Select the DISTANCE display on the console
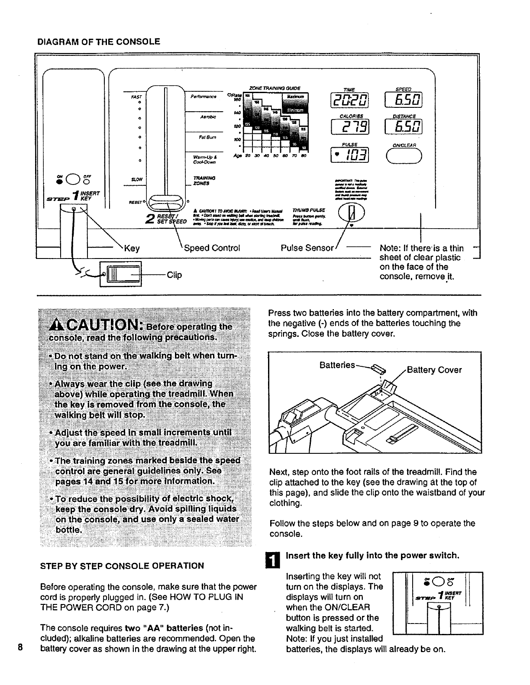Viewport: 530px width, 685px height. click(403, 126)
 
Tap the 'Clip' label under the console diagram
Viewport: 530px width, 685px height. click(174, 275)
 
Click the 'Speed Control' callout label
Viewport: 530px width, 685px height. click(212, 248)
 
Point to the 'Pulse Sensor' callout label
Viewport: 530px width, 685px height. click(307, 248)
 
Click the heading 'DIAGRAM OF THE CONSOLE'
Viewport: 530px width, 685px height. click(99, 42)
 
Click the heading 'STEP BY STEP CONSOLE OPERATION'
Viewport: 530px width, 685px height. click(122, 565)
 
